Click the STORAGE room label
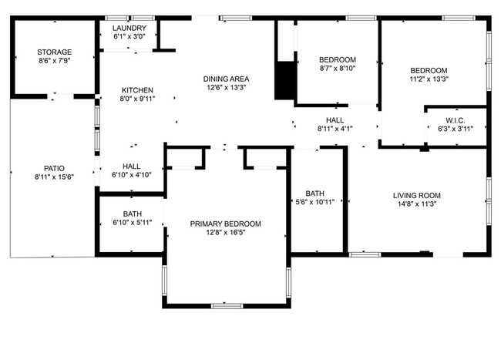pyautogui.click(x=54, y=52)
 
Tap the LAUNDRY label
pyautogui.click(x=129, y=27)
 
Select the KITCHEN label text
pyautogui.click(x=136, y=89)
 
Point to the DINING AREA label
pyautogui.click(x=226, y=79)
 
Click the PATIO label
pyautogui.click(x=54, y=167)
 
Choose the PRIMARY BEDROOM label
pyautogui.click(x=226, y=224)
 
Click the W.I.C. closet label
pyautogui.click(x=456, y=119)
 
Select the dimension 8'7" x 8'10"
pyautogui.click(x=338, y=69)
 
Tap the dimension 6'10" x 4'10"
pyautogui.click(x=131, y=175)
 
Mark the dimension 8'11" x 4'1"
pyautogui.click(x=335, y=129)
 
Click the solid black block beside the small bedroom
pyautogui.click(x=285, y=79)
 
